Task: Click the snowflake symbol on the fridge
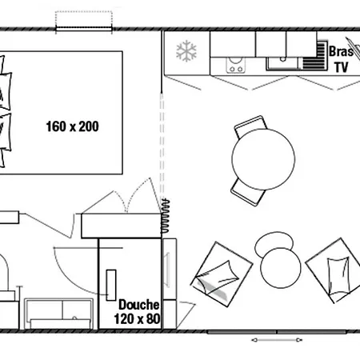[x=186, y=51]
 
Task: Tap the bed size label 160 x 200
[x=73, y=126]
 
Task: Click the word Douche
[x=139, y=305]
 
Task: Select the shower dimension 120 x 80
[x=138, y=318]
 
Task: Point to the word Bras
[x=341, y=51]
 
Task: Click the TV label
[x=342, y=67]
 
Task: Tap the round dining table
[x=263, y=159]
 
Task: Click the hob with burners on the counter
[x=235, y=66]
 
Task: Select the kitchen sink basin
[x=282, y=63]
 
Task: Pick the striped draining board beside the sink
[x=315, y=55]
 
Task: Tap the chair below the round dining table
[x=248, y=193]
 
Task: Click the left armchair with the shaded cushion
[x=222, y=274]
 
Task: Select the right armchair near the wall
[x=334, y=270]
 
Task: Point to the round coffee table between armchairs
[x=281, y=268]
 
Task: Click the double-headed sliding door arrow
[x=277, y=340]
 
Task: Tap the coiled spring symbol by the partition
[x=165, y=216]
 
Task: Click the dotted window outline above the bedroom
[x=84, y=20]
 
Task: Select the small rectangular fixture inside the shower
[x=111, y=285]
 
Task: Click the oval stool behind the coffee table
[x=274, y=242]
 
